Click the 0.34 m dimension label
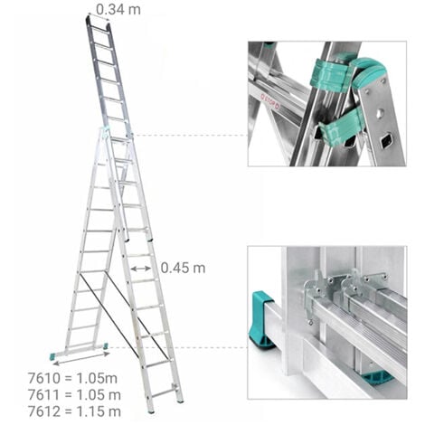118,9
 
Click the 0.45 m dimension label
183,268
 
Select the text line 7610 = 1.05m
72,378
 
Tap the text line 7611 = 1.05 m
74,395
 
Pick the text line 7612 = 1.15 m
74,411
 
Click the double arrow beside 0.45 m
141,269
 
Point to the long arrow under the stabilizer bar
81,359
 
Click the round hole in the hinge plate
381,114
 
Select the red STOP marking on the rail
270,101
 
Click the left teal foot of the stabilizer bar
52,357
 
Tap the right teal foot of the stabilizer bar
106,345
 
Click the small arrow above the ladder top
99,17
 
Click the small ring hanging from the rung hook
310,323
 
